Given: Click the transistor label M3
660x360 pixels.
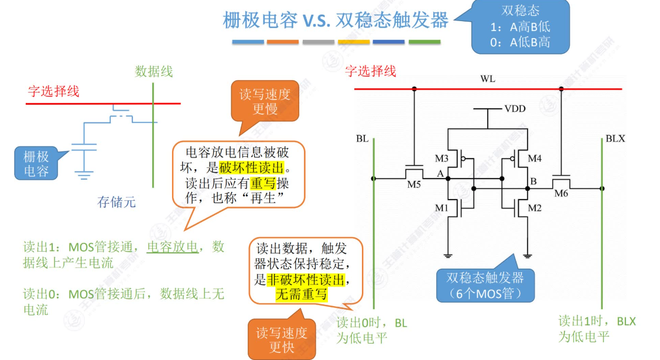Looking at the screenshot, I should (441, 159).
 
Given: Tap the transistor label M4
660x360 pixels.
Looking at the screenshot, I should (535, 158).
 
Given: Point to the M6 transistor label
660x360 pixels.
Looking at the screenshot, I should (561, 194).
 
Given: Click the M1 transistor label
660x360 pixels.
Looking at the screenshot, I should (441, 208).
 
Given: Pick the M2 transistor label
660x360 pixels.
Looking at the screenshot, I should (535, 208).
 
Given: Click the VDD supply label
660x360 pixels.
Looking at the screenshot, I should (515, 109).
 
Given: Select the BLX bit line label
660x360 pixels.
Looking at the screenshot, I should (615, 139).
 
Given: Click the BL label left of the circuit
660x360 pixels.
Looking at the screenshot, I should (362, 139).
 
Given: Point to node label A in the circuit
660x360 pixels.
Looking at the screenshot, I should (440, 174).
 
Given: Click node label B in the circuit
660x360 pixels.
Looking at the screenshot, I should (534, 181).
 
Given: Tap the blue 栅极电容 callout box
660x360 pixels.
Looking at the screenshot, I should (36, 164).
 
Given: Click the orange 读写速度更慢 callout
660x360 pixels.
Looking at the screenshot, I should (265, 101).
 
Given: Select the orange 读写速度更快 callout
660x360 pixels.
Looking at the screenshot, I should (281, 340).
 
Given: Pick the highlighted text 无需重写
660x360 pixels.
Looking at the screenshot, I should (301, 294).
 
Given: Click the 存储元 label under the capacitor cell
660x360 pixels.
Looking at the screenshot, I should (117, 203).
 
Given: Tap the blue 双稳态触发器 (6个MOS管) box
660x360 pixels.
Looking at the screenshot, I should (485, 285).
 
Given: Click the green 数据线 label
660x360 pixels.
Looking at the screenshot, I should (153, 71).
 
